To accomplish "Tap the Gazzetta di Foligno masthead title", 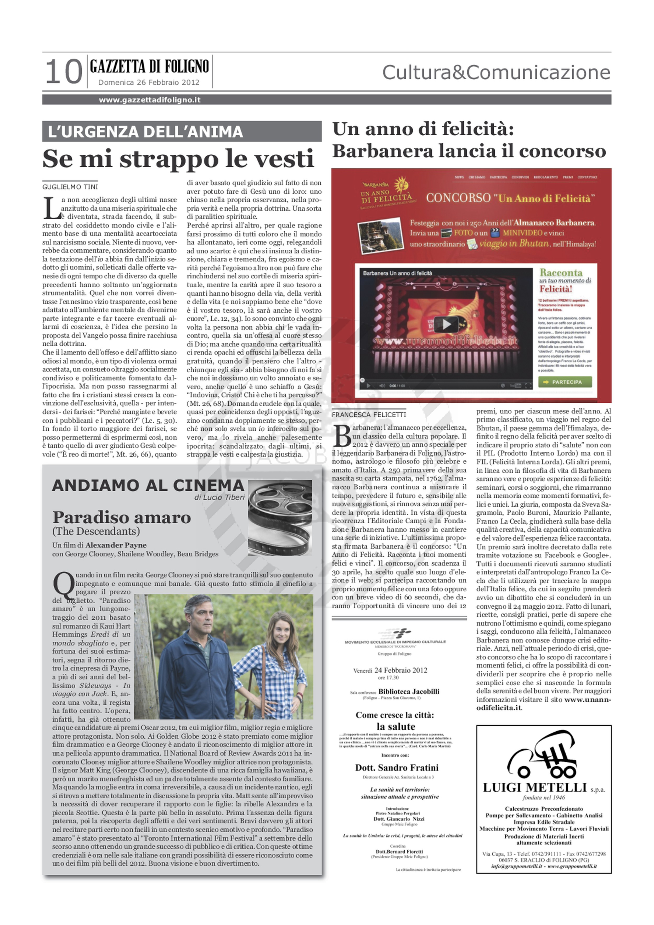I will coord(149,66).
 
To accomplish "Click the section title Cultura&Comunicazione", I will coord(496,72).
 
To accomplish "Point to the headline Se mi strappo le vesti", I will coord(178,159).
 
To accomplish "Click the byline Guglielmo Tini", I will coord(70,187).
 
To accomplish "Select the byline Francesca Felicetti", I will coord(369,414).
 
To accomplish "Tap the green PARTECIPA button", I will coord(565,382).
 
